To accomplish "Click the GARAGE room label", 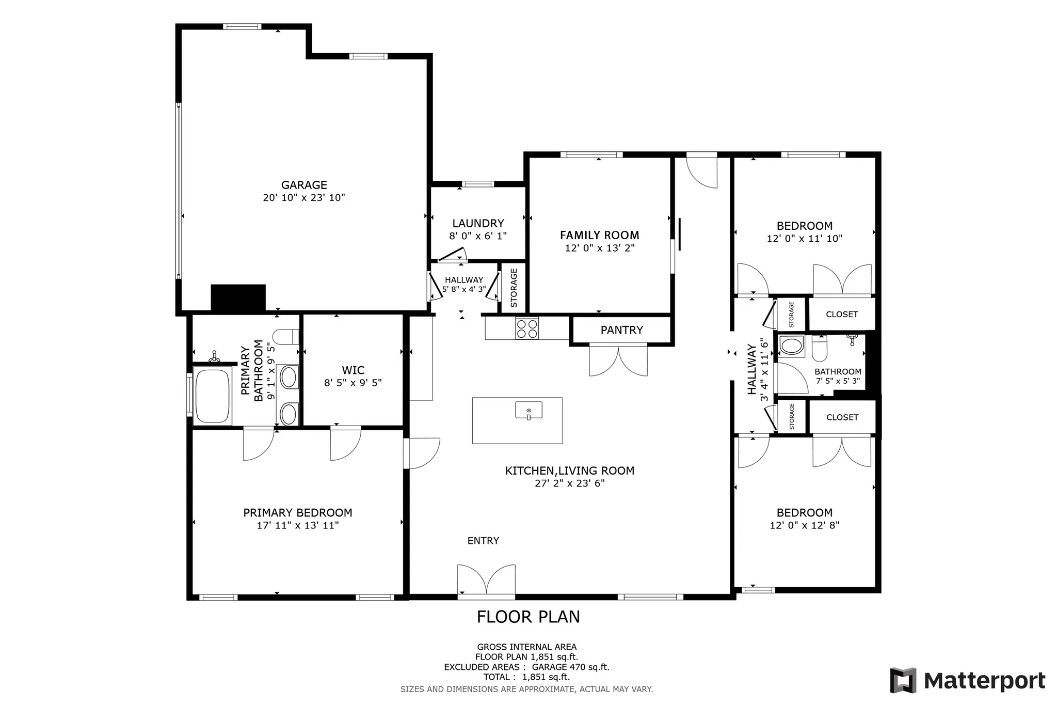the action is click(x=304, y=185).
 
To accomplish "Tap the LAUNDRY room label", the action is click(x=478, y=224).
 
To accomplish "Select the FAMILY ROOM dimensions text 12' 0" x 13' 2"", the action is click(x=600, y=248).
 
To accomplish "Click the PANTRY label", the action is click(x=622, y=330).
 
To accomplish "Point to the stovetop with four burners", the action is click(x=527, y=328).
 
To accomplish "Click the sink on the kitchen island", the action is click(x=528, y=410).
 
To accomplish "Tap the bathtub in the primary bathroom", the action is click(x=211, y=395).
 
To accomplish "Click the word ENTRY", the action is click(x=483, y=541).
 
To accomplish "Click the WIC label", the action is click(x=353, y=370).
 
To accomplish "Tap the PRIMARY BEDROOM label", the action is click(x=298, y=513).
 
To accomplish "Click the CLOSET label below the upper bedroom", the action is click(x=842, y=314).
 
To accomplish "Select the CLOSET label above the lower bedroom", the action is click(x=842, y=417).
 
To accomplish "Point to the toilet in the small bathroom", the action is click(x=820, y=349).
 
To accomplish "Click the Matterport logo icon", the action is click(x=903, y=680).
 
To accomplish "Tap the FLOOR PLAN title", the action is click(x=528, y=617).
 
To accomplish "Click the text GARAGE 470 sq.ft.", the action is click(x=570, y=667).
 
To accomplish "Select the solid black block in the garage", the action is click(x=238, y=298).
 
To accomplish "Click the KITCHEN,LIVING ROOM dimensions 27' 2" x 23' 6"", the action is click(x=570, y=483).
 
